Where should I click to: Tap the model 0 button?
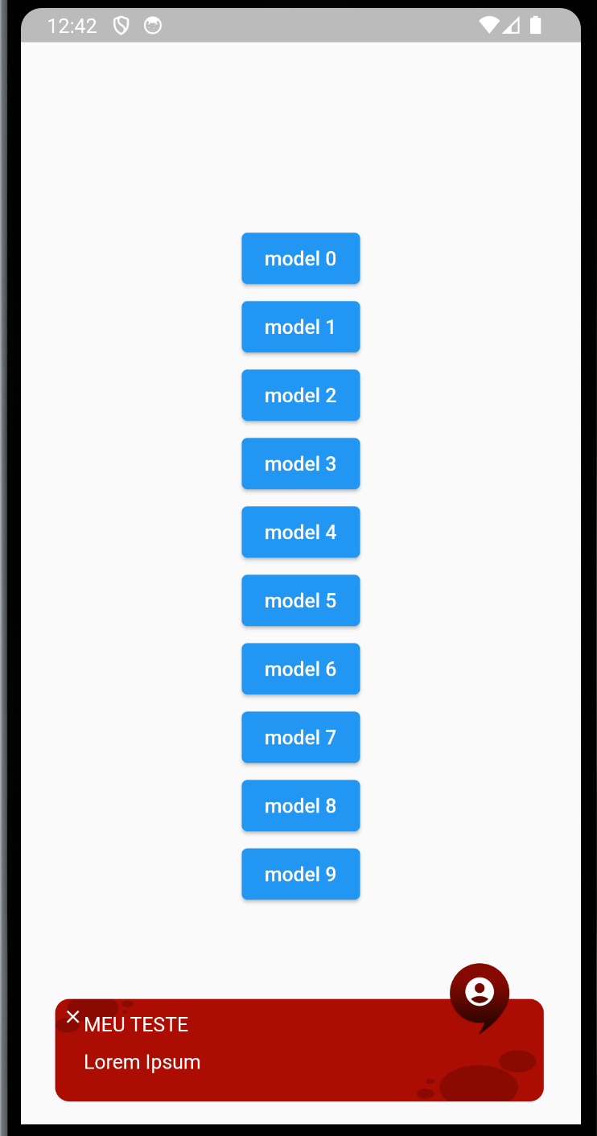[300, 258]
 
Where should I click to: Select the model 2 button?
[300, 395]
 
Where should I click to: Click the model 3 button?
[300, 463]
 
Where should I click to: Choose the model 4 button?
[300, 532]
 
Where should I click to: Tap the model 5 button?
[300, 600]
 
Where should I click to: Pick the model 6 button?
[300, 669]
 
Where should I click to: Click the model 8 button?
[300, 805]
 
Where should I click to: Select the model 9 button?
[300, 874]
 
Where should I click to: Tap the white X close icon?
[72, 1017]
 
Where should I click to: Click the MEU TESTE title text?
[136, 1024]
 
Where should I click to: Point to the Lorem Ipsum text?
[142, 1062]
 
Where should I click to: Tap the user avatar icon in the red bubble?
[480, 991]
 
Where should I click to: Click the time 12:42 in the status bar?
[72, 26]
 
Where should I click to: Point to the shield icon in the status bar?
[121, 26]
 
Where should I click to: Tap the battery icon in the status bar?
[536, 26]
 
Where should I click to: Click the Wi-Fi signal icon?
[488, 26]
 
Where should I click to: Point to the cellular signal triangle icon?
[512, 26]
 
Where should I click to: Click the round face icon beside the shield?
[153, 26]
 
